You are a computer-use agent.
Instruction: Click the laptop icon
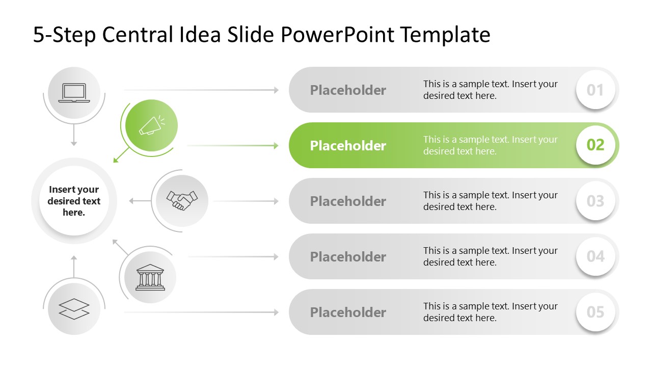click(x=74, y=93)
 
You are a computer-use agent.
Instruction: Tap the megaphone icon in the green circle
click(x=152, y=125)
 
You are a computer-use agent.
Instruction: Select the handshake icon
click(x=182, y=200)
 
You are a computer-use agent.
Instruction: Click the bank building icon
click(x=150, y=277)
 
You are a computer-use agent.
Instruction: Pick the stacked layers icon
click(x=74, y=309)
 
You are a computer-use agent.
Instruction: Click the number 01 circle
click(x=595, y=90)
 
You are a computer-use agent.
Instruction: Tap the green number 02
click(x=595, y=145)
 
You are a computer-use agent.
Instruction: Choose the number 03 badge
click(x=595, y=201)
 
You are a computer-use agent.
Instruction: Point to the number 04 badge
click(x=595, y=256)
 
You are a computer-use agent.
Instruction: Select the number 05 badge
click(x=595, y=312)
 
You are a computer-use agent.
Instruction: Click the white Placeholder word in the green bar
click(x=348, y=146)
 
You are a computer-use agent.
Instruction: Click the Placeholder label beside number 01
click(x=348, y=90)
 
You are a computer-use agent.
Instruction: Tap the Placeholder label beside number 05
click(x=348, y=312)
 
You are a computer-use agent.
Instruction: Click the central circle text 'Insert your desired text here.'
click(x=74, y=201)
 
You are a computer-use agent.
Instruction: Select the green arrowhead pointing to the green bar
click(x=276, y=146)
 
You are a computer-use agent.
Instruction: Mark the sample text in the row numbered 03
click(x=490, y=201)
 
